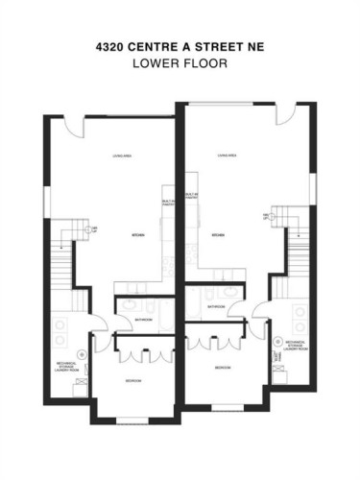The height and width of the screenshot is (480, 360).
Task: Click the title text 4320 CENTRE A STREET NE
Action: [x=180, y=44]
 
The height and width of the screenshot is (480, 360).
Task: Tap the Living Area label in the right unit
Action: [x=228, y=155]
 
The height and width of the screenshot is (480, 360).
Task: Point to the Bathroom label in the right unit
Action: [x=216, y=308]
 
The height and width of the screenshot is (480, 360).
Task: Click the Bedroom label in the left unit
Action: [x=132, y=381]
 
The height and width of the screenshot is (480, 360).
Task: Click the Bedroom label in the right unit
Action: [x=221, y=368]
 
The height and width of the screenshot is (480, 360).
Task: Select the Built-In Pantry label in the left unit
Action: [x=166, y=203]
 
